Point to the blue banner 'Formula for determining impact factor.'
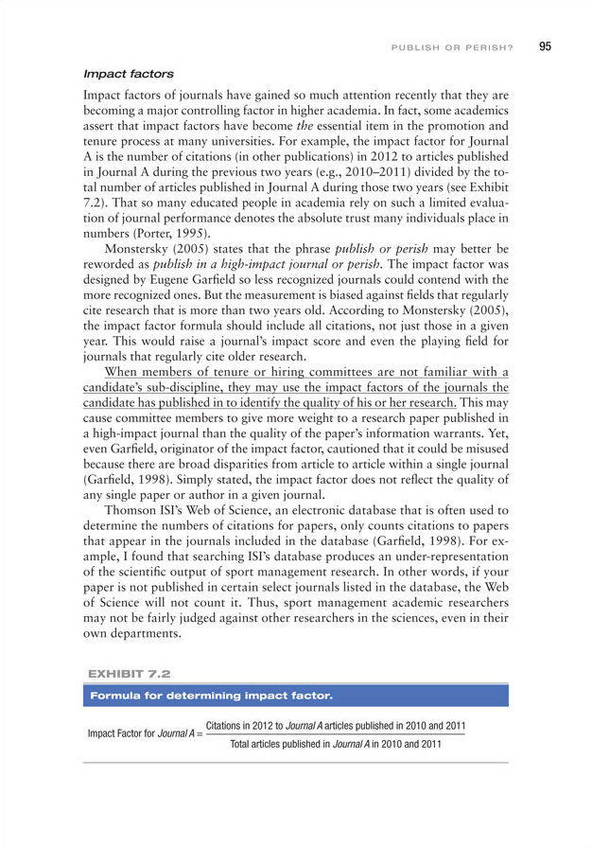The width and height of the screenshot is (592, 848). click(211, 697)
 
